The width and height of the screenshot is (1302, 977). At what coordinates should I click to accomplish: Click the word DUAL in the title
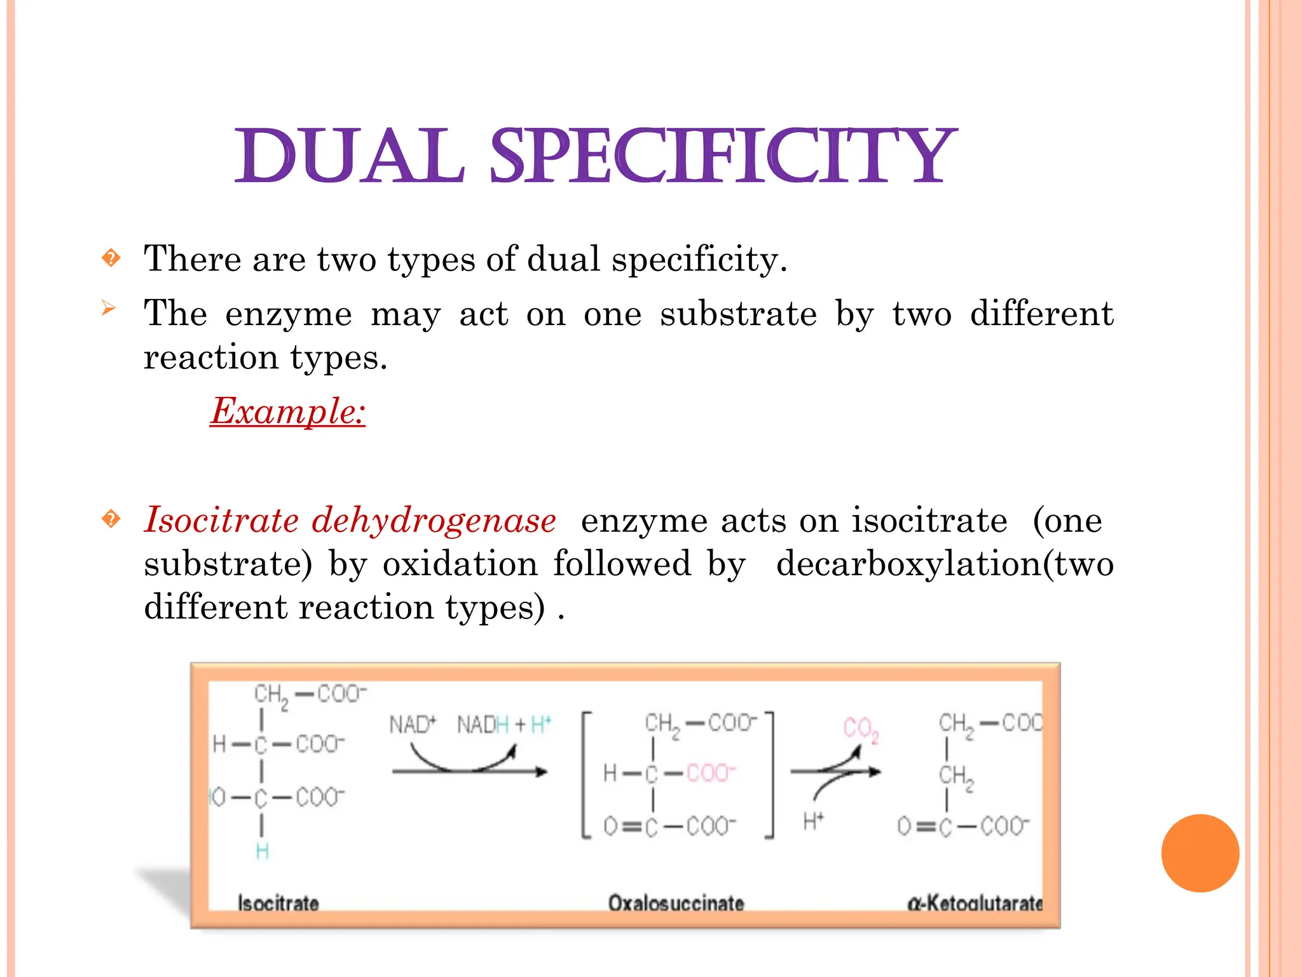tap(350, 156)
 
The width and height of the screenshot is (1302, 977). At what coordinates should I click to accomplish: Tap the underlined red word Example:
tap(288, 411)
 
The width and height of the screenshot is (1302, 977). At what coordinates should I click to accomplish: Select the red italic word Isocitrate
tap(221, 520)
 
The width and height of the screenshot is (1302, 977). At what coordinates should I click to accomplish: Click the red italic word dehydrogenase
tap(434, 520)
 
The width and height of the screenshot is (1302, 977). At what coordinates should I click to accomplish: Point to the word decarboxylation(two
tap(945, 564)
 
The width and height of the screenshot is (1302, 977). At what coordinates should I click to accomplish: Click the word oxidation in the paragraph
tap(460, 564)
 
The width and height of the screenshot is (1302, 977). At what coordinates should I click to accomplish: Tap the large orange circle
tap(1200, 853)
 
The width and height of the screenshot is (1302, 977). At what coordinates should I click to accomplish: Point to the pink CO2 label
tap(861, 728)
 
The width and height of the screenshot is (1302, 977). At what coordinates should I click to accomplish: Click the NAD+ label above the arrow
tap(413, 724)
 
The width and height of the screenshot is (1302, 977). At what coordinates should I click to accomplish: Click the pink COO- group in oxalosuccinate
tap(711, 773)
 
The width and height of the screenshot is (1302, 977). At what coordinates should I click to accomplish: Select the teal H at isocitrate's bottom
tap(262, 851)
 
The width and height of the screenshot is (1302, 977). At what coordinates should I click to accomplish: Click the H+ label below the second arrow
tap(813, 821)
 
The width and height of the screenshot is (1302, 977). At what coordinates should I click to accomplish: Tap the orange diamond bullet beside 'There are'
tap(111, 258)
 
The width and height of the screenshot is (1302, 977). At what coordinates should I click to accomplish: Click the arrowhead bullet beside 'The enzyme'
tap(109, 309)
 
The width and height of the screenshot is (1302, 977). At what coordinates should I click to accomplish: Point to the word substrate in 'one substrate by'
tap(738, 314)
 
